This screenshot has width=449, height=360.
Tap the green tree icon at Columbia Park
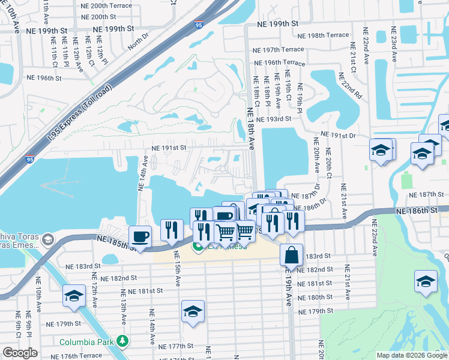pyautogui.click(x=122, y=341)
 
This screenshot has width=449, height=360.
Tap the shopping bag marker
pyautogui.click(x=291, y=254)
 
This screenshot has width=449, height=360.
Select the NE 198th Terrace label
pyautogui.click(x=323, y=35)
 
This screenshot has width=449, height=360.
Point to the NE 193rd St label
pyautogui.click(x=273, y=119)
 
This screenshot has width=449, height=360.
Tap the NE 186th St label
pyautogui.click(x=417, y=211)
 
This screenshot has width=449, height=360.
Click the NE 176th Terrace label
pyautogui.click(x=81, y=356)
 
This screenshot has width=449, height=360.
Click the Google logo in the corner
pyautogui.click(x=19, y=353)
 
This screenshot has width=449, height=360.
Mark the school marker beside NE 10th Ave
pyautogui.click(x=74, y=297)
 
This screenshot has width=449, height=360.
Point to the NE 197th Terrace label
pyautogui.click(x=279, y=50)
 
